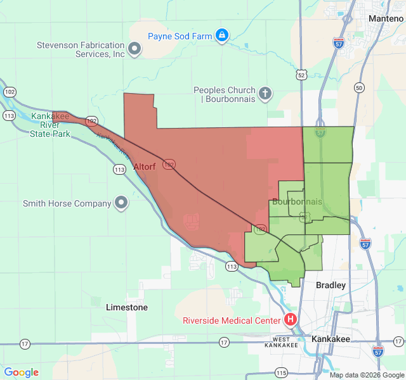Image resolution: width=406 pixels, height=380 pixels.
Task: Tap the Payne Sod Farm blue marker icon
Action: point(221,35)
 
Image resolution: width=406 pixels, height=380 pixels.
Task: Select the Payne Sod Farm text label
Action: point(180,36)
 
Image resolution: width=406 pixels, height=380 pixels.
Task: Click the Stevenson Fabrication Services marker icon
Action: point(134,49)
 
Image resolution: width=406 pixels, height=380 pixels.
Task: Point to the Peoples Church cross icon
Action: point(265,94)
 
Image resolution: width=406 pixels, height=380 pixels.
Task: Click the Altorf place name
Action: point(145,167)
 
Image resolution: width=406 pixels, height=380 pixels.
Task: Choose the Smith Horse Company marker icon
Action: point(121,203)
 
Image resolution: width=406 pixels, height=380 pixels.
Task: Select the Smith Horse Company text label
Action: point(67,204)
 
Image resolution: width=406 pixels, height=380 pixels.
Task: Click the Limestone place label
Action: point(127,307)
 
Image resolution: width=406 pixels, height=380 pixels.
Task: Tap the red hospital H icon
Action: point(291,319)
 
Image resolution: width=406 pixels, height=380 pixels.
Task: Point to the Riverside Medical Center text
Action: point(231,320)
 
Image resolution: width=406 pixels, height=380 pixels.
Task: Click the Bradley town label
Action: point(331,286)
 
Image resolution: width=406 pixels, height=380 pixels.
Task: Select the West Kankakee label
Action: point(281,343)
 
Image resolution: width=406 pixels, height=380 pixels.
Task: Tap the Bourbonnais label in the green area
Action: point(296,202)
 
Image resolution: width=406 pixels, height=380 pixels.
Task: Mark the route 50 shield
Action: point(360,87)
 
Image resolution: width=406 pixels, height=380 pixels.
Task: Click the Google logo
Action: point(21,372)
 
